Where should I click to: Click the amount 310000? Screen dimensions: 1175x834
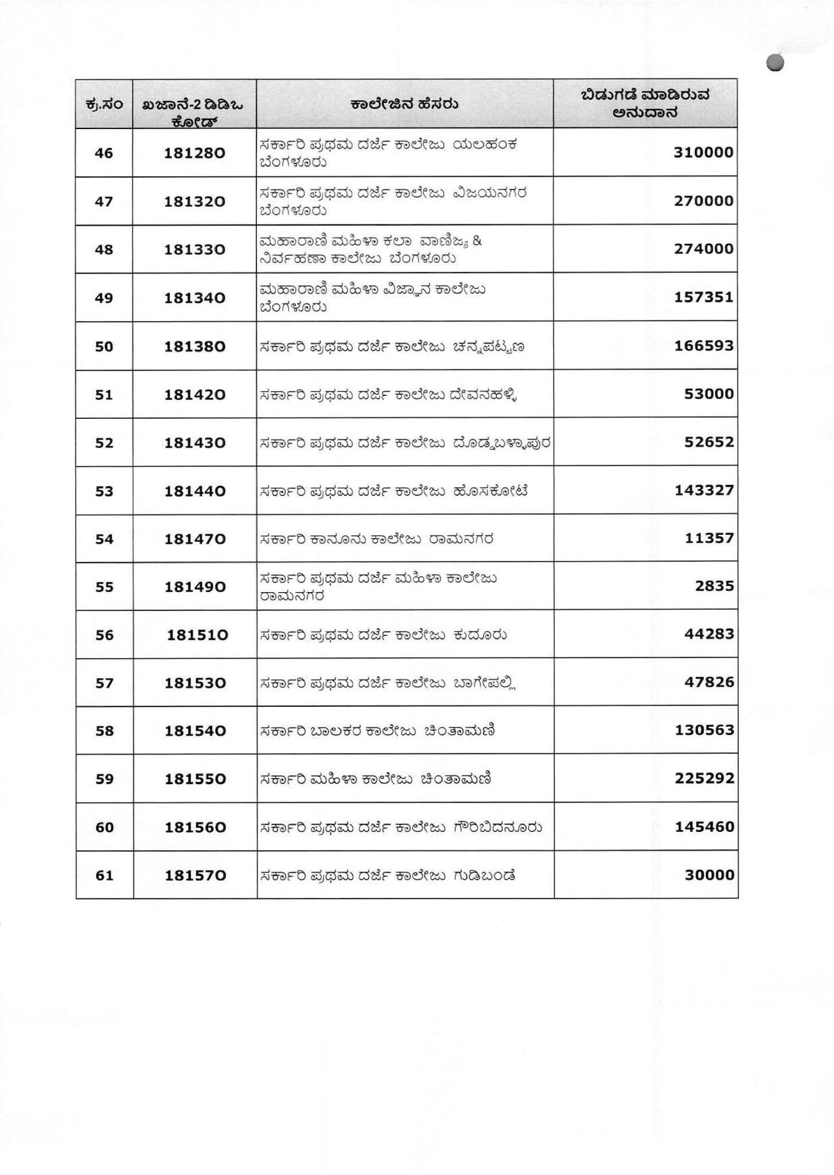coord(703,153)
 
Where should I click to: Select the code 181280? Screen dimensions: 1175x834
coord(194,153)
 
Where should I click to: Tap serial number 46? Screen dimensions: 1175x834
coord(104,153)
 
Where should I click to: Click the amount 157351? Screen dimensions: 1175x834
coord(703,297)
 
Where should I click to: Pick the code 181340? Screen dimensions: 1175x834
coord(194,298)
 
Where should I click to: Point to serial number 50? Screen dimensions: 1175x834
coord(104,347)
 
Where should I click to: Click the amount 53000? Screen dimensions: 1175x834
coord(709,394)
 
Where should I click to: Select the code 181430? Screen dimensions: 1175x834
coord(194,443)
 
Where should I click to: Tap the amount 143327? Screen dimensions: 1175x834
coord(703,491)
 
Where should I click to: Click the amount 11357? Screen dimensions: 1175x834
coord(709,538)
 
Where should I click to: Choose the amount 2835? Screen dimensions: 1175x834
coord(714,586)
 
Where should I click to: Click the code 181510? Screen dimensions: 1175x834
coord(197,635)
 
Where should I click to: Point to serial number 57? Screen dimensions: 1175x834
coord(104,683)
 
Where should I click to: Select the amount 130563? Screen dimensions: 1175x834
coord(703,730)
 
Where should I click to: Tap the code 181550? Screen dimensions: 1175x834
coord(194,779)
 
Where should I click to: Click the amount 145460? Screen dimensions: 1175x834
coord(703,827)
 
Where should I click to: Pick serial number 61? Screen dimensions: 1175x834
coord(104,876)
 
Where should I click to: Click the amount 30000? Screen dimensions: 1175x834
coord(709,875)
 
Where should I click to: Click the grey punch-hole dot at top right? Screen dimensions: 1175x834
coord(774,63)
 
